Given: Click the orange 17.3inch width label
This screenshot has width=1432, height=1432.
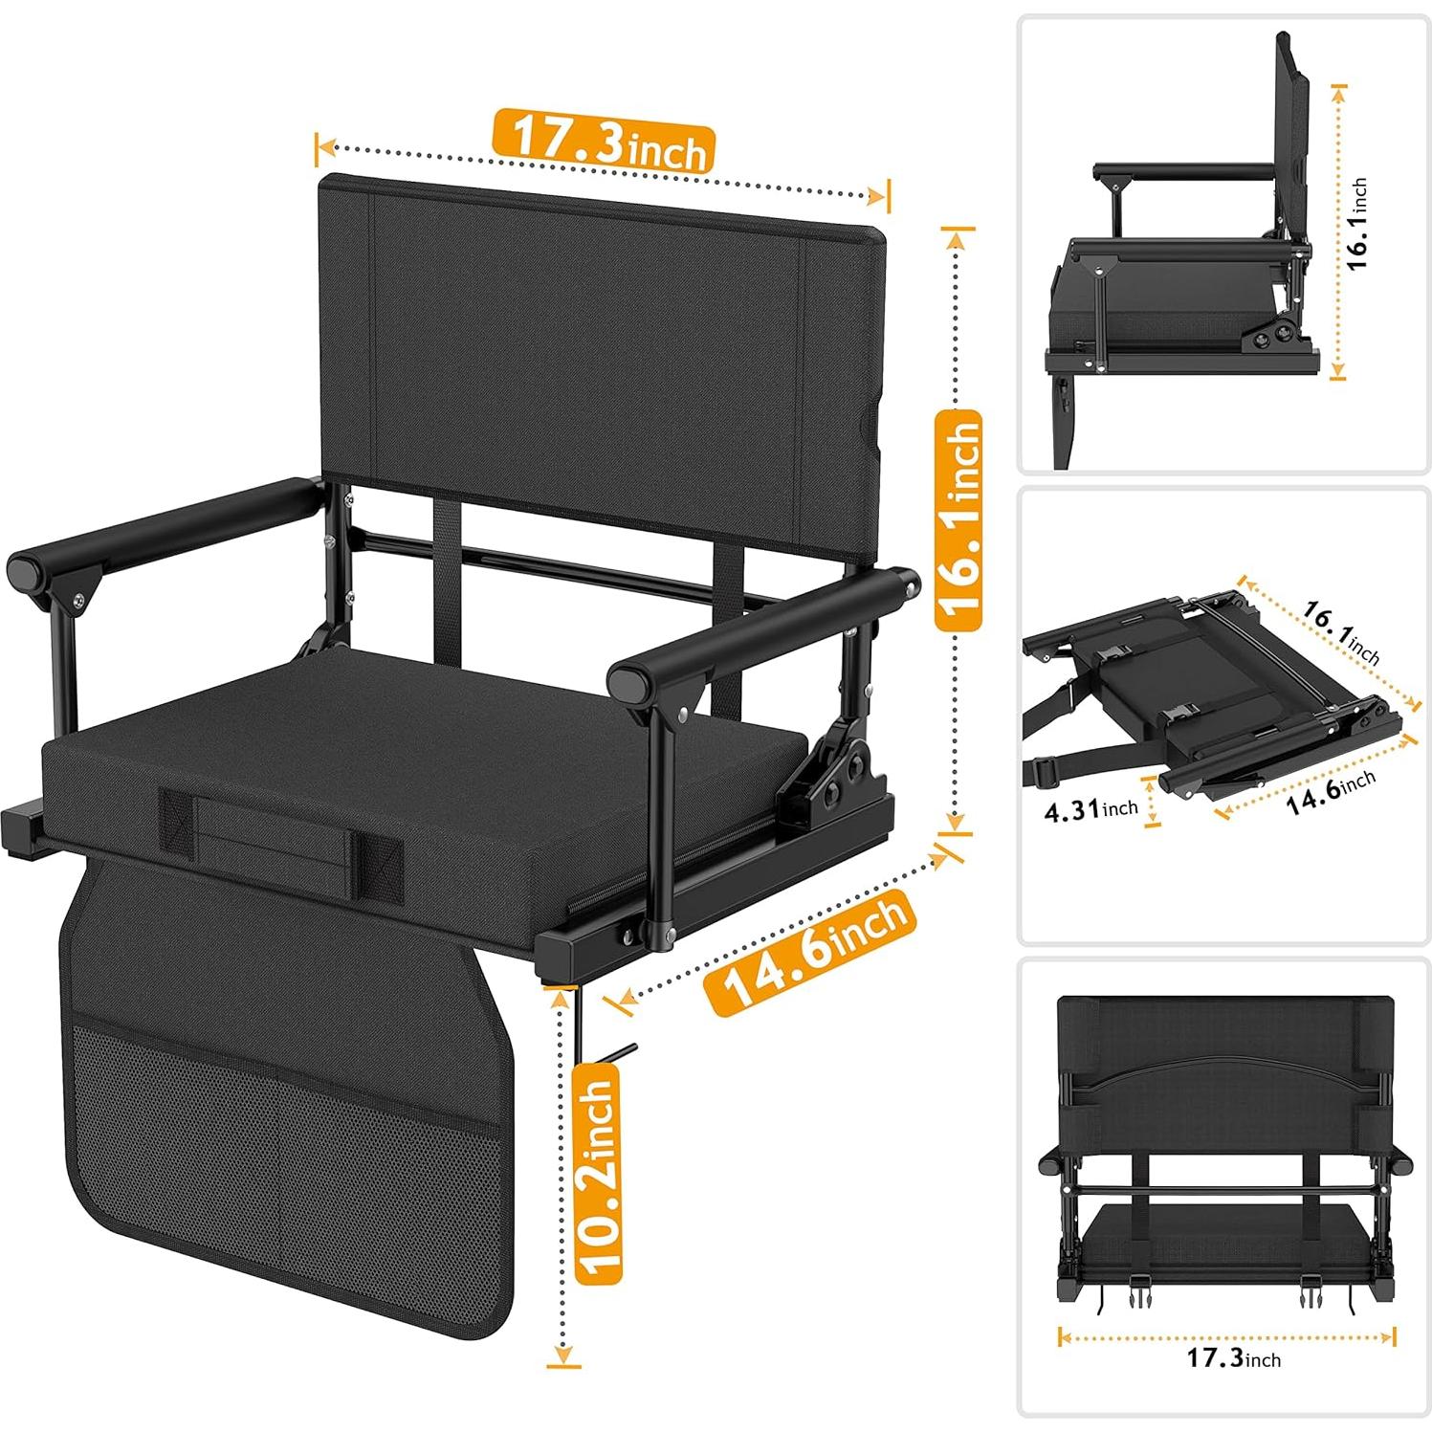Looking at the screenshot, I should point(604,142).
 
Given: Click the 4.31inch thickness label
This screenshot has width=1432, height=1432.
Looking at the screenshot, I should point(1091,810).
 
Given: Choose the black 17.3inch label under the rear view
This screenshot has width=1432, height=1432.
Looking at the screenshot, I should point(1233,1357).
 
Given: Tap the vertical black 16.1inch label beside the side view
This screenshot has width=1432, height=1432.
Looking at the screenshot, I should point(1357,224).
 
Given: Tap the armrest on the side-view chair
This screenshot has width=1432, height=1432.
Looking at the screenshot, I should point(1186,172).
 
